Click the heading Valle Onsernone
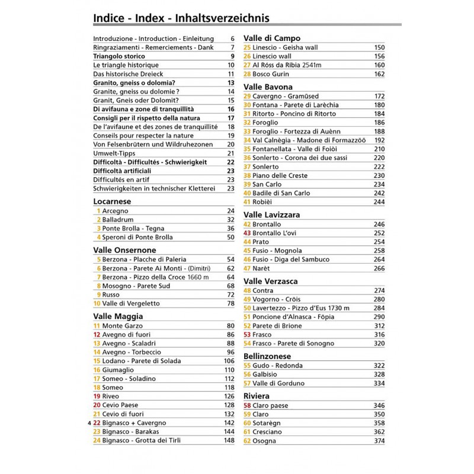point(125,250)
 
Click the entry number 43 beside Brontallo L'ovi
point(248,233)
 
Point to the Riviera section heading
point(257,395)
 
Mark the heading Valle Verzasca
point(271,281)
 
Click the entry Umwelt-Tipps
point(114,153)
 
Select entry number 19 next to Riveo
point(97,396)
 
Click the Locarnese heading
point(112,201)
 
